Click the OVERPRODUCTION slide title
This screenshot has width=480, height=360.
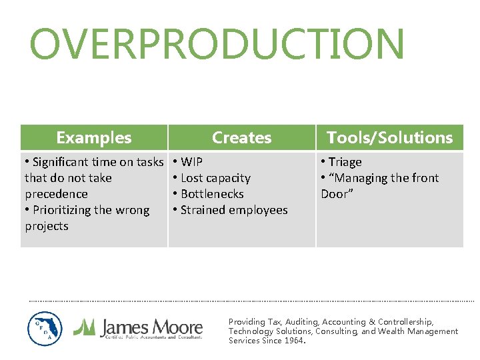pyautogui.click(x=217, y=44)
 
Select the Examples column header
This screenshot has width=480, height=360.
pyautogui.click(x=94, y=138)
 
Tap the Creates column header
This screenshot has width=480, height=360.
pyautogui.click(x=241, y=138)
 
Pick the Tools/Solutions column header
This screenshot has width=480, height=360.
pyautogui.click(x=389, y=138)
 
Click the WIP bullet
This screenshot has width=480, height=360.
pyautogui.click(x=191, y=162)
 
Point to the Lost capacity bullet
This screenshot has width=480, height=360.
pyautogui.click(x=215, y=178)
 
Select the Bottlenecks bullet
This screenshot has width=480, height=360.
pyautogui.click(x=211, y=194)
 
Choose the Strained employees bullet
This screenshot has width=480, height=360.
pyautogui.click(x=233, y=210)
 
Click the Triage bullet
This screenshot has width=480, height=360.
pyautogui.click(x=345, y=162)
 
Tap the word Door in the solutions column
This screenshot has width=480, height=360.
pyautogui.click(x=335, y=194)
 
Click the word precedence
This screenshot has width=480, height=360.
pyautogui.click(x=56, y=194)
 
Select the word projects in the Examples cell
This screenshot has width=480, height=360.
pyautogui.click(x=47, y=226)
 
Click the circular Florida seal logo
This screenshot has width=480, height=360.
pyautogui.click(x=45, y=329)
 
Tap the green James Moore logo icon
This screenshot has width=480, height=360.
pyautogui.click(x=85, y=326)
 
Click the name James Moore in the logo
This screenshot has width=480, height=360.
pyautogui.click(x=151, y=327)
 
